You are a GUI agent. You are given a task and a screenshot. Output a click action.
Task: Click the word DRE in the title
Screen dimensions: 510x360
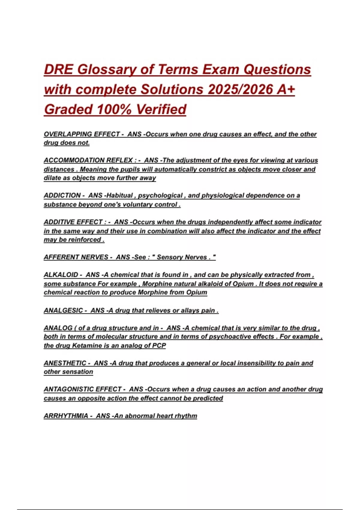(58, 70)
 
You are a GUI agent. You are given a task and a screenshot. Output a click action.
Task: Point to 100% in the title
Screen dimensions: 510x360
(114, 109)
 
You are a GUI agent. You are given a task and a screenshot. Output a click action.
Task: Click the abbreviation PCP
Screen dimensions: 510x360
(159, 346)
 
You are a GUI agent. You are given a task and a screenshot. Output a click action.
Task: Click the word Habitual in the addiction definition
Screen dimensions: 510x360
(119, 195)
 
